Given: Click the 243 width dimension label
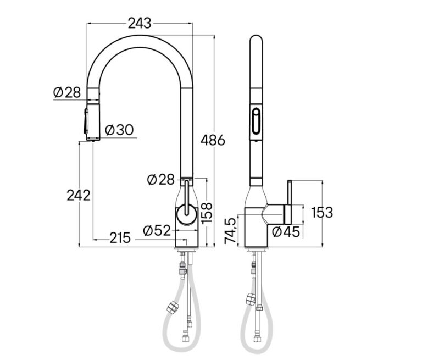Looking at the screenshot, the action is point(140,23).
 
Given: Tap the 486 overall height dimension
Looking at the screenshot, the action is point(213,140).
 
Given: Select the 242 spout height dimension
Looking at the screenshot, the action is point(79,195).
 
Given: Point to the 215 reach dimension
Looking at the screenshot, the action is point(120,238).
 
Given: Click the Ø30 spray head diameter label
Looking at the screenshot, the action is point(119,130).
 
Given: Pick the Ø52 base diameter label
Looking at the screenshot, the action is point(157,230).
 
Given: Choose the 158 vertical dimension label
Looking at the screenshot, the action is point(207,213).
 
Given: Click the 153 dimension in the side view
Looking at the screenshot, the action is point(322,213).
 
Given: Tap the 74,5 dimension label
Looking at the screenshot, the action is point(230,231).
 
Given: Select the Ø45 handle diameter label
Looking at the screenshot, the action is point(286,232).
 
